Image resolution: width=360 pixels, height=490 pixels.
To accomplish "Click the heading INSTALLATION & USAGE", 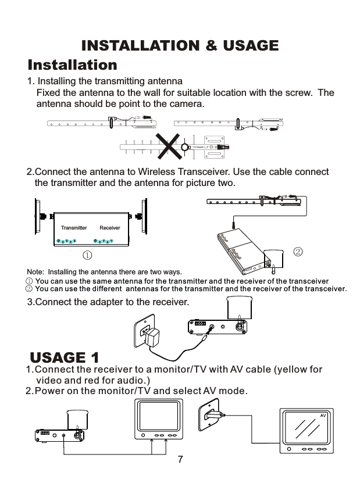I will (x=180, y=45).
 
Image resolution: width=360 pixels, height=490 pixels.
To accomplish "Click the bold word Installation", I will (x=73, y=64).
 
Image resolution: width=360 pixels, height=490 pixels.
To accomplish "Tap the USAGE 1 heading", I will (x=65, y=356).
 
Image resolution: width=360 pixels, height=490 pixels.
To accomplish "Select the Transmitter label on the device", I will (x=74, y=228).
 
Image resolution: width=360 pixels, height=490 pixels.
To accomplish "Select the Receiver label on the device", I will (x=110, y=228).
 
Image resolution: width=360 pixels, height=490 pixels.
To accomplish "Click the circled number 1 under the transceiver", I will (x=86, y=255).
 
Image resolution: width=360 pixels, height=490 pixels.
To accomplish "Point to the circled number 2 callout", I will (x=298, y=252).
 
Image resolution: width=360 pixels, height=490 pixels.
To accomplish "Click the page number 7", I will (x=180, y=460).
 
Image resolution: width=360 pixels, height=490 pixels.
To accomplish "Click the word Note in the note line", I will (x=35, y=271).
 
